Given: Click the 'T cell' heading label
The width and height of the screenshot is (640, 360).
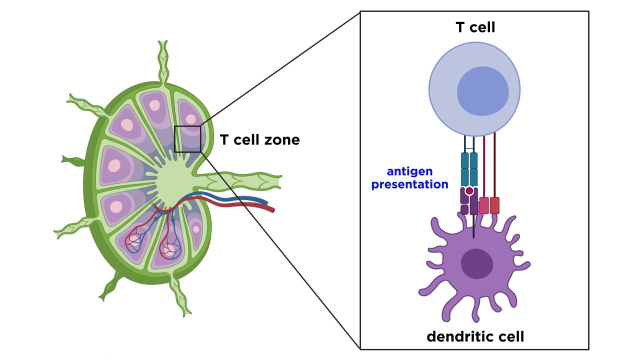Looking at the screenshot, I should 475,27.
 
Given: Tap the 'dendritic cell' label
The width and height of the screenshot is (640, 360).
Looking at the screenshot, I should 475,336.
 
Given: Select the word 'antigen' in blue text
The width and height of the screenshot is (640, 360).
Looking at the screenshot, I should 409,171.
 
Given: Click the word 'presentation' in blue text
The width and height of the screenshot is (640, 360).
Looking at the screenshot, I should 409,184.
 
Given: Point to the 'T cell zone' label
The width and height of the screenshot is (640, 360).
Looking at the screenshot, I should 259,140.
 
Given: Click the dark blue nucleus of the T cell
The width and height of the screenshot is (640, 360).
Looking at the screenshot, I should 482,91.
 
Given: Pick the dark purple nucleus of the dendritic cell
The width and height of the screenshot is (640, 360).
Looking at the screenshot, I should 476,264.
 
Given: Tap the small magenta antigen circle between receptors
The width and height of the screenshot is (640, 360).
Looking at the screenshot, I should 469,191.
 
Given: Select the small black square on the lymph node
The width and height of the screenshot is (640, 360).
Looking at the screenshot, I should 187,139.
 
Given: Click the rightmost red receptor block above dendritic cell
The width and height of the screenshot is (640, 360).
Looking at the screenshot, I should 494,205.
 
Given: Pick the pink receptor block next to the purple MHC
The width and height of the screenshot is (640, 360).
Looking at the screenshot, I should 483,205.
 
